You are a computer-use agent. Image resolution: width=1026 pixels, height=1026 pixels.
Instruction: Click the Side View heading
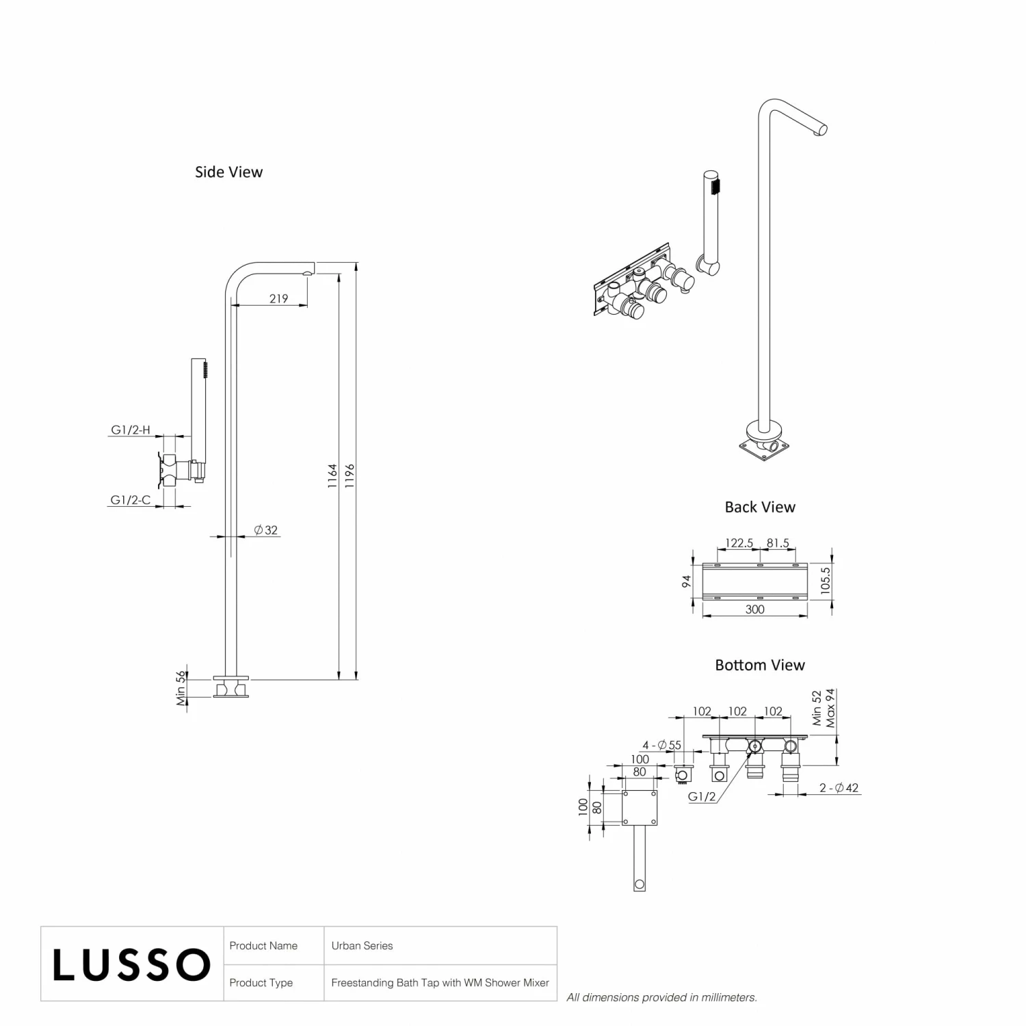pyautogui.click(x=228, y=172)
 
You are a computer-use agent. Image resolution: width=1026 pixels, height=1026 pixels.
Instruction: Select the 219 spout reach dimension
pyautogui.click(x=278, y=298)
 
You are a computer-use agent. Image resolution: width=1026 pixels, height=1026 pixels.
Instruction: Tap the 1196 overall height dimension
pyautogui.click(x=350, y=475)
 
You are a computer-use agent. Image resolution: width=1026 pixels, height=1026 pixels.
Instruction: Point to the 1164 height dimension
pyautogui.click(x=332, y=475)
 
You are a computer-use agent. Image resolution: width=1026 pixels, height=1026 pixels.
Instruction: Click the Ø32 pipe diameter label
pyautogui.click(x=265, y=530)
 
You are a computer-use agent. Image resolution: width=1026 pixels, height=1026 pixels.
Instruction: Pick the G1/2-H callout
pyautogui.click(x=130, y=430)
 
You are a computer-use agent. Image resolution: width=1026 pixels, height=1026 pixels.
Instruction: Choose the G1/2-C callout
pyautogui.click(x=130, y=500)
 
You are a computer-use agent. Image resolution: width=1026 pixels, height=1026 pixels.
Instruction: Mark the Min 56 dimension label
pyautogui.click(x=181, y=688)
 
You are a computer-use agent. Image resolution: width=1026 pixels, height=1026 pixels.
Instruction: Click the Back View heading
pyautogui.click(x=760, y=508)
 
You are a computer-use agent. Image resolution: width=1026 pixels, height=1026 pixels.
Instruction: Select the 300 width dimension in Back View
pyautogui.click(x=754, y=609)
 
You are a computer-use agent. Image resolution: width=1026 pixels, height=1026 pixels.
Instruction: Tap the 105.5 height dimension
pyautogui.click(x=826, y=579)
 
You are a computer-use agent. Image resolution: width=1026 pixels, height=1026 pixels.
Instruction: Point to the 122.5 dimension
pyautogui.click(x=739, y=543)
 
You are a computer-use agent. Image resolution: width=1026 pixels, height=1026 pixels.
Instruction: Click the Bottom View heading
pyautogui.click(x=760, y=666)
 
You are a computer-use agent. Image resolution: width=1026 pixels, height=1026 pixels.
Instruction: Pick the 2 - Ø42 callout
pyautogui.click(x=839, y=788)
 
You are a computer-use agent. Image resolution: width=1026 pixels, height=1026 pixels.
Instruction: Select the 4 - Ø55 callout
pyautogui.click(x=661, y=746)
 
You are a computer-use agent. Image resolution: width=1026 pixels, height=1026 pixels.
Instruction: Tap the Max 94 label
pyautogui.click(x=830, y=708)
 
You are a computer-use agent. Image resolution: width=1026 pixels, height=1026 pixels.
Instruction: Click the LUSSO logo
pyautogui.click(x=131, y=964)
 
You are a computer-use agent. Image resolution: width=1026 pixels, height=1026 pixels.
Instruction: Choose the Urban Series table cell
pyautogui.click(x=362, y=946)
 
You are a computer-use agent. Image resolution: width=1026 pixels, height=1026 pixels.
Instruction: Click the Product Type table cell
pyautogui.click(x=261, y=983)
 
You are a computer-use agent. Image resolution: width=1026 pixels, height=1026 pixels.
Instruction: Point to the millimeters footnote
pyautogui.click(x=661, y=997)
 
